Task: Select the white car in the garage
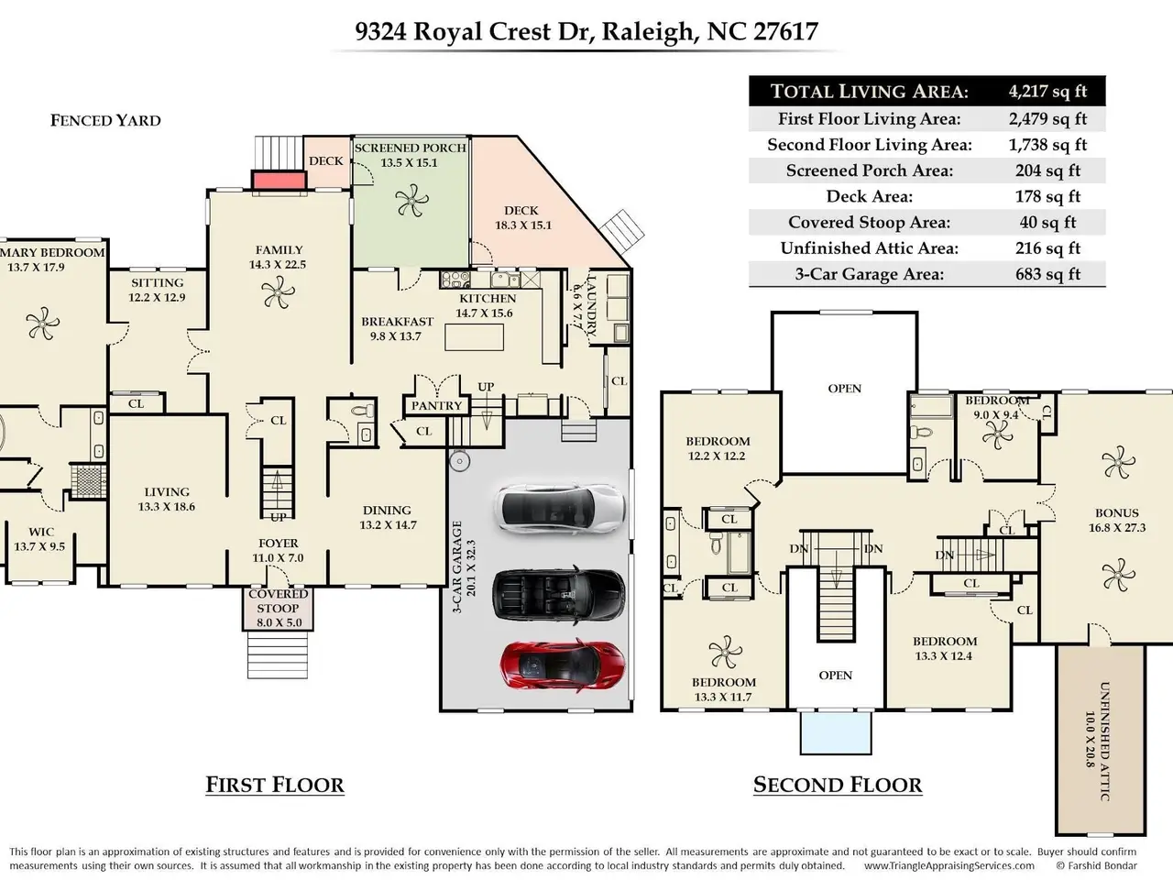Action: point(559,507)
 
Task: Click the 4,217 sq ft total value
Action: point(1047,91)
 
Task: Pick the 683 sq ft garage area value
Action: point(1047,273)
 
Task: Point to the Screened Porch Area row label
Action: point(869,170)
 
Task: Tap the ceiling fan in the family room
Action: point(278,293)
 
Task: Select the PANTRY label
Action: point(436,405)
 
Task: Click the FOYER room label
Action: point(278,544)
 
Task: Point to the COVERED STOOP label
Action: point(278,600)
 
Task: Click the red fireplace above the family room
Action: point(278,181)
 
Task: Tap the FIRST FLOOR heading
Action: point(275,785)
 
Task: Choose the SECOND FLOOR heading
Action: point(838,785)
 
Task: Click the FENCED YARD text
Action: point(105,120)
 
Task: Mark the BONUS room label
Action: point(1116,513)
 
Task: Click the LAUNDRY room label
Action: point(591,305)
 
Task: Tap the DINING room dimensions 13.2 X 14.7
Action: point(388,525)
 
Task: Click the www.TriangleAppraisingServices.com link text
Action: point(948,865)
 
